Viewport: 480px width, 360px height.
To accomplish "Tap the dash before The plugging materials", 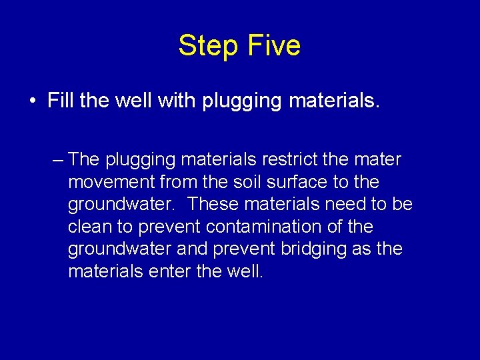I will [x=57, y=160].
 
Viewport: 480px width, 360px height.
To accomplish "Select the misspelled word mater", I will [x=378, y=160].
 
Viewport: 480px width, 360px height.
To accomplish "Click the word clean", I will [x=89, y=227].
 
